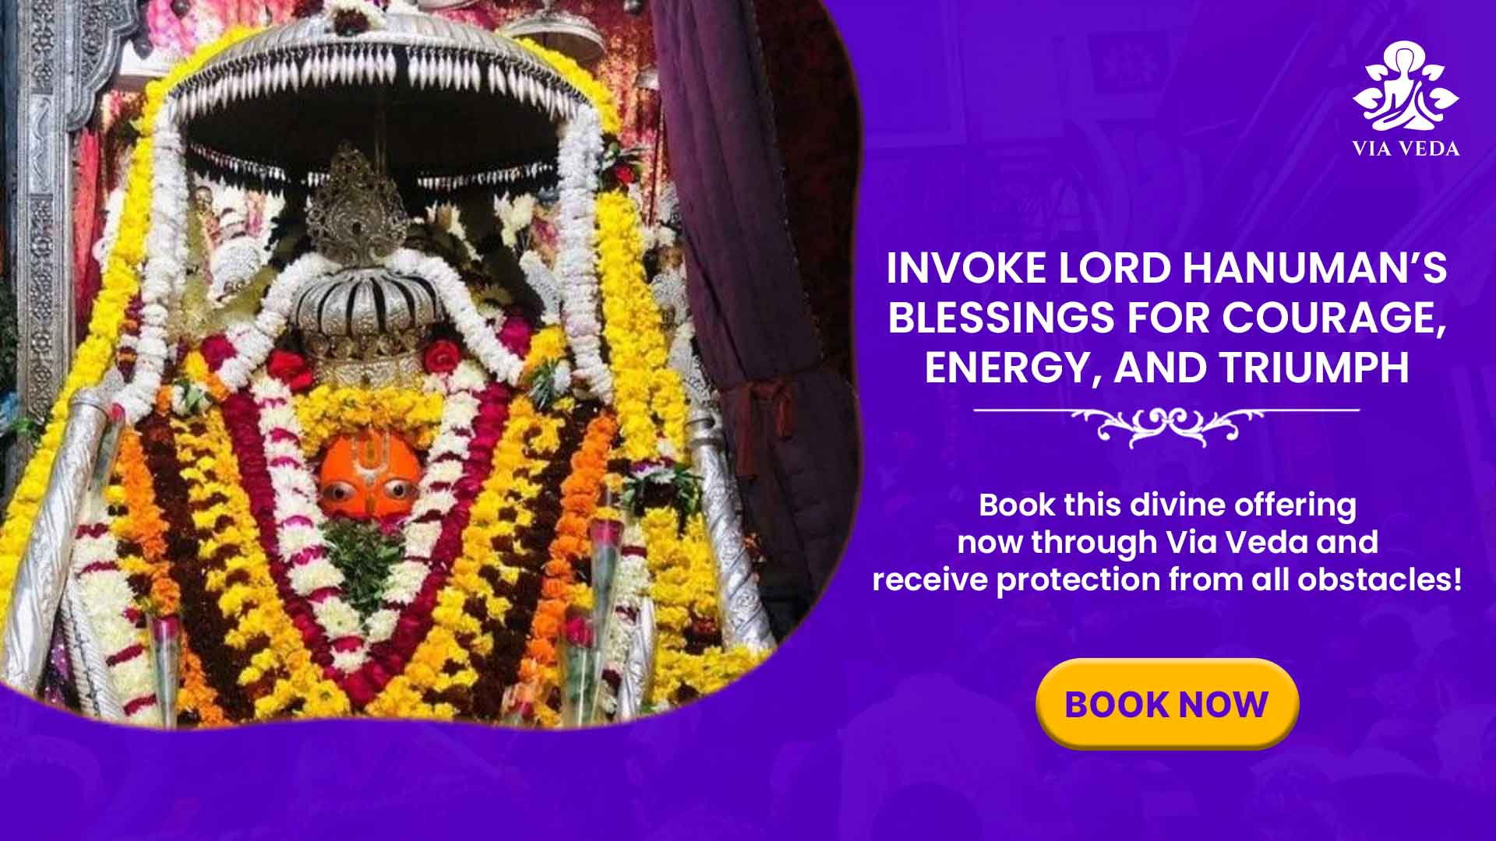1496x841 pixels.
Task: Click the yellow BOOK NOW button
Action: coord(1167,704)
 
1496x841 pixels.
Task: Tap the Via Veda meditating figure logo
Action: coord(1406,87)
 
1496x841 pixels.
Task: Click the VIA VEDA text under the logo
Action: coord(1406,149)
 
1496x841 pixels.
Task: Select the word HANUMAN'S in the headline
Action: coord(1314,269)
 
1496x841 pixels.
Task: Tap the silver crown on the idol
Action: coord(360,308)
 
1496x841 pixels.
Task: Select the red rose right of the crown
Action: coord(443,356)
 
